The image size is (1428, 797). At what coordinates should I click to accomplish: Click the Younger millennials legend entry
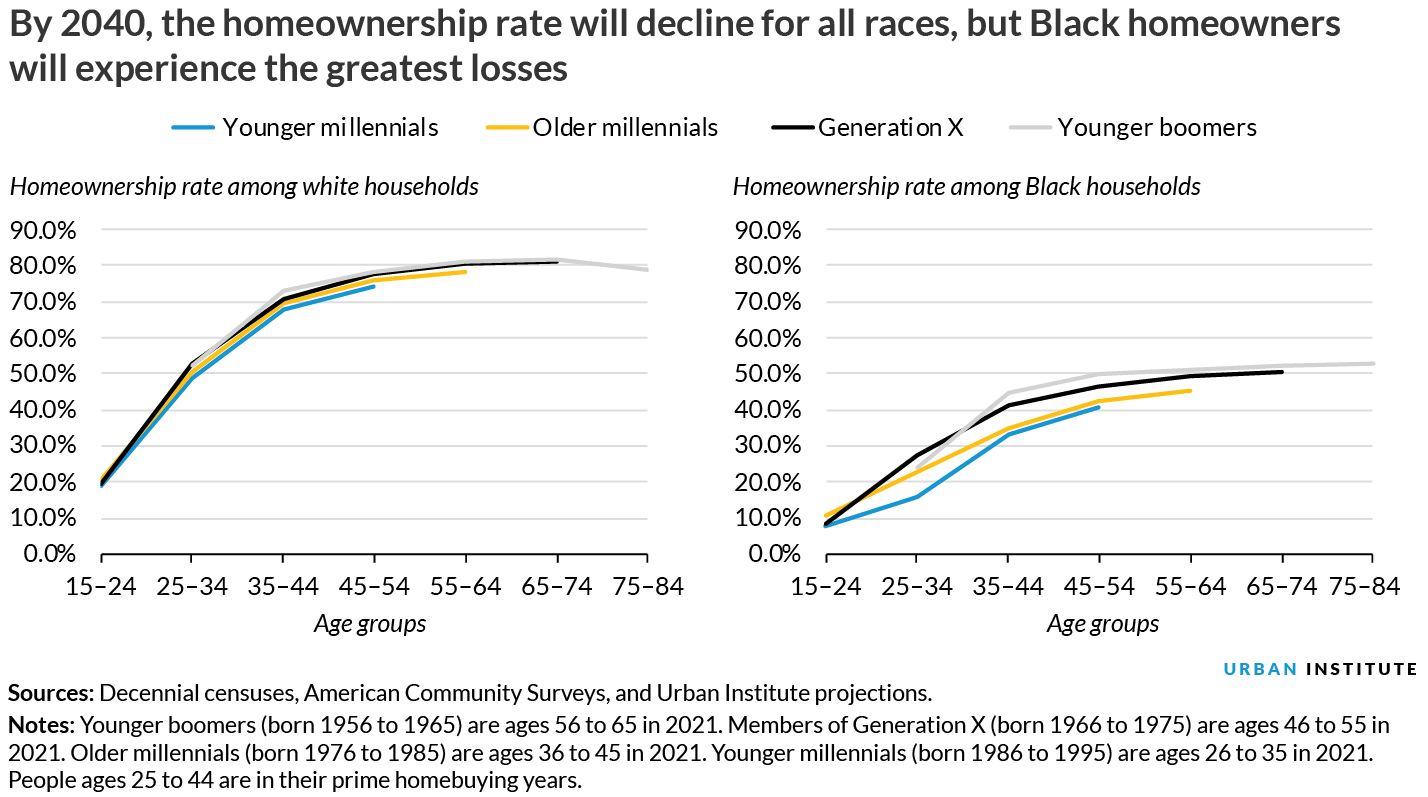point(305,128)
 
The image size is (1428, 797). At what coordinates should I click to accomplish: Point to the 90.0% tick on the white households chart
point(42,230)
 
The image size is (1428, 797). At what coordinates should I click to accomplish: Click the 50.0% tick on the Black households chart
point(768,374)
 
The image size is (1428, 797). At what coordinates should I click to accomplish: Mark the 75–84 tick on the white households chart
point(648,587)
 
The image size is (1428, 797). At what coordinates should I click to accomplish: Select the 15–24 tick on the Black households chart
point(825,587)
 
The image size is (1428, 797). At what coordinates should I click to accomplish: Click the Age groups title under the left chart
point(370,625)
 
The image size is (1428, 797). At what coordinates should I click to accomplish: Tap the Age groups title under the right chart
point(1103,625)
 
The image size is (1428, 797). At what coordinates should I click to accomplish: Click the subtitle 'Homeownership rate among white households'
point(244,187)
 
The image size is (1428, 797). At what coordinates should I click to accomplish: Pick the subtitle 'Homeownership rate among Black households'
point(967,187)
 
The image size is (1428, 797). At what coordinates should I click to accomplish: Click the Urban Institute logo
point(1320,669)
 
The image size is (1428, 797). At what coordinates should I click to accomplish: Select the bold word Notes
point(40,723)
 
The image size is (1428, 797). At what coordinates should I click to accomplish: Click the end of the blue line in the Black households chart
point(1099,407)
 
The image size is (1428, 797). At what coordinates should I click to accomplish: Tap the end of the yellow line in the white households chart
point(465,272)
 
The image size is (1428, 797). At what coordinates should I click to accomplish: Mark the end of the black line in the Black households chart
point(1282,372)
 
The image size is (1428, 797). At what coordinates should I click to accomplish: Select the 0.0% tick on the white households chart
point(48,554)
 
